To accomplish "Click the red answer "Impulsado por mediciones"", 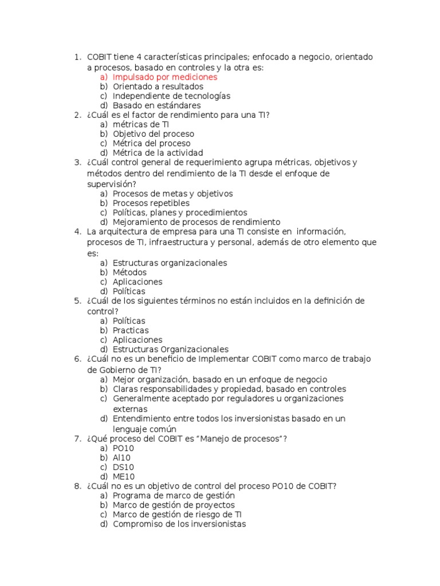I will [x=165, y=77].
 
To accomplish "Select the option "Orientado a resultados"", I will [x=158, y=86].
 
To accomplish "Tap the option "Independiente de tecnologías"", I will [x=171, y=96].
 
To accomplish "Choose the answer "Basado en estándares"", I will [x=156, y=105].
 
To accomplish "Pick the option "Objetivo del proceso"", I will [x=153, y=133].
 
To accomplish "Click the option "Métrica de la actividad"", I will [x=158, y=153].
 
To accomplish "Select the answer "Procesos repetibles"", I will [x=151, y=203].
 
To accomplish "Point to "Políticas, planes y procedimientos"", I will [x=180, y=212].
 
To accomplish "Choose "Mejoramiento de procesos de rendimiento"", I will [x=197, y=221].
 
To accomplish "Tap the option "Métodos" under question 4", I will [x=129, y=272].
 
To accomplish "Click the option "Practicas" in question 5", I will [x=131, y=330].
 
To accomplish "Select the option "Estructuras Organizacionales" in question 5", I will [x=170, y=349].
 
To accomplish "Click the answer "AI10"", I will [x=121, y=457].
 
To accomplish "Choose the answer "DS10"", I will [x=123, y=467].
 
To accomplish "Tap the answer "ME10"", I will [x=124, y=476].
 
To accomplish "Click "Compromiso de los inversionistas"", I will [x=179, y=524].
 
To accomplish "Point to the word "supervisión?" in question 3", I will [x=112, y=184].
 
